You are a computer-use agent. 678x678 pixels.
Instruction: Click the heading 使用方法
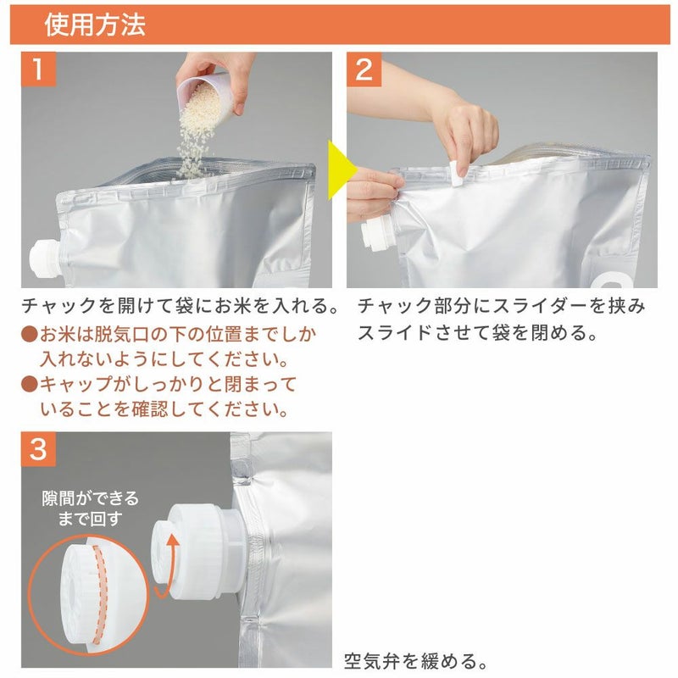tap(95, 25)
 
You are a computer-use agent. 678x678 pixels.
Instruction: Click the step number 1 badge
tap(38, 69)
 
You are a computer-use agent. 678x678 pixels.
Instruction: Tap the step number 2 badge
tap(364, 69)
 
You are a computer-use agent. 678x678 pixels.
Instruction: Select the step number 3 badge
tap(38, 449)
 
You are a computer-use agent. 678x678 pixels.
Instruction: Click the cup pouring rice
tap(206, 95)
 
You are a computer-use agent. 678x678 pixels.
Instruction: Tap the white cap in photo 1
tap(44, 259)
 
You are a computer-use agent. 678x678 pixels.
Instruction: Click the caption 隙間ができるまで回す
tap(91, 508)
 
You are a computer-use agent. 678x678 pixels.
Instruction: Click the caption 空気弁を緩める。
tap(415, 661)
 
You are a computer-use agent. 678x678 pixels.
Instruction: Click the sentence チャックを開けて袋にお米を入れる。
tap(181, 306)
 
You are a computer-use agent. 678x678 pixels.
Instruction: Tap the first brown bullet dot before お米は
tap(30, 334)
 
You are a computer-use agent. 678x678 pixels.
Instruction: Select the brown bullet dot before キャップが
tap(30, 384)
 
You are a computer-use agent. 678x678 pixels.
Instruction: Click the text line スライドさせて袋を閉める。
tap(478, 332)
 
